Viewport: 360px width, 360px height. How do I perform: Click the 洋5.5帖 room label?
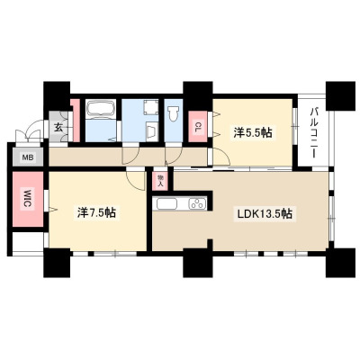253,132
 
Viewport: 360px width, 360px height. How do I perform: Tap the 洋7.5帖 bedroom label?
96,212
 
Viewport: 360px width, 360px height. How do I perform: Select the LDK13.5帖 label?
265,213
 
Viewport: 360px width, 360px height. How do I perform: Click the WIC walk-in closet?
28,199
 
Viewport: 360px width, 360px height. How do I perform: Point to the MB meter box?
29,157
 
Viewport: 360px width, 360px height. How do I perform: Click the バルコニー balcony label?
314,131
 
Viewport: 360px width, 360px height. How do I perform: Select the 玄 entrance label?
58,128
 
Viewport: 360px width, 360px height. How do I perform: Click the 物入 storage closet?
160,181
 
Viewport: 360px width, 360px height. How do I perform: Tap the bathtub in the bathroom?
101,108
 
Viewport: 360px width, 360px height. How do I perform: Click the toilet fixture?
174,113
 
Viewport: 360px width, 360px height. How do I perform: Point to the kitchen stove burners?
197,204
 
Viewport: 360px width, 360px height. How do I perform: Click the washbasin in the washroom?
151,131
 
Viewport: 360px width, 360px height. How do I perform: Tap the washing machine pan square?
150,107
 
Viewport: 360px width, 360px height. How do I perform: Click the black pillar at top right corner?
340,95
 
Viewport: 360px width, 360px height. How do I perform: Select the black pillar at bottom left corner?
57,263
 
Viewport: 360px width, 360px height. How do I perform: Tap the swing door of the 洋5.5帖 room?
220,157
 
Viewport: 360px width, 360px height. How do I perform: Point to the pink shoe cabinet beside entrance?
76,121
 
